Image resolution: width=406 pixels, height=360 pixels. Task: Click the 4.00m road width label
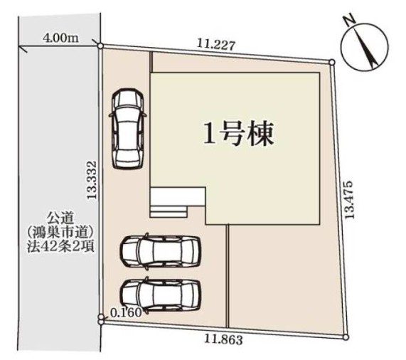pyautogui.click(x=60, y=38)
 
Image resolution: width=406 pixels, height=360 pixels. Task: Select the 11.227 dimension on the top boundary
pyautogui.click(x=216, y=45)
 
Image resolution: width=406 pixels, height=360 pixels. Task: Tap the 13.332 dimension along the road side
pyautogui.click(x=92, y=180)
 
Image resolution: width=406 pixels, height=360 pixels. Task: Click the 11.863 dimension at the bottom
pyautogui.click(x=223, y=339)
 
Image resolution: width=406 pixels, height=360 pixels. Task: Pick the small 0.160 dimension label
pyautogui.click(x=126, y=312)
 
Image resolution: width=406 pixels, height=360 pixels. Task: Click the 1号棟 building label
pyautogui.click(x=238, y=134)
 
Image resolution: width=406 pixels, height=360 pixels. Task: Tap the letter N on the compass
pyautogui.click(x=349, y=21)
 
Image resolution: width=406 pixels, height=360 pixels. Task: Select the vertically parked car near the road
pyautogui.click(x=127, y=129)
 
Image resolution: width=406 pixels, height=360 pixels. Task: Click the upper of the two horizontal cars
pyautogui.click(x=160, y=251)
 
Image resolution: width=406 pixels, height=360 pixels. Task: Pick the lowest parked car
pyautogui.click(x=160, y=295)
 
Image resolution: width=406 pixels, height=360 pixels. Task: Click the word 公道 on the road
pyautogui.click(x=60, y=218)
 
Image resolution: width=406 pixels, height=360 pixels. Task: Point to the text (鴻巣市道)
pyautogui.click(x=60, y=232)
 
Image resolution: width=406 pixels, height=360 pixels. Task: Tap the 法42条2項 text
pyautogui.click(x=60, y=246)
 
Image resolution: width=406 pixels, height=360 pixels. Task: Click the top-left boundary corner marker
pyautogui.click(x=100, y=46)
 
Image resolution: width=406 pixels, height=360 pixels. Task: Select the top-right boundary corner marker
pyautogui.click(x=332, y=62)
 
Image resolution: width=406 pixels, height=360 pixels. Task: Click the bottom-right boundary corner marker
pyautogui.click(x=346, y=337)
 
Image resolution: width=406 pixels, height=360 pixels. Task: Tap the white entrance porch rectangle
pyautogui.click(x=178, y=197)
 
